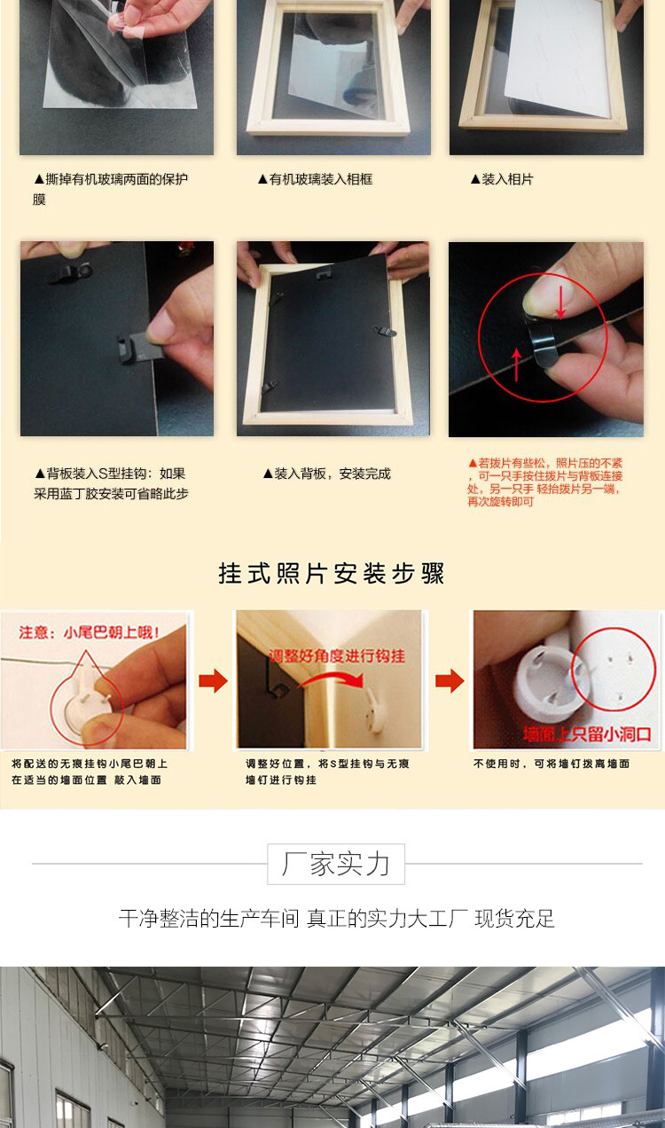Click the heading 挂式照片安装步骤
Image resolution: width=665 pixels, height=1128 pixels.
(x=332, y=574)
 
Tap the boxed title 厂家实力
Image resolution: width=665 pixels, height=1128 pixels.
(x=336, y=864)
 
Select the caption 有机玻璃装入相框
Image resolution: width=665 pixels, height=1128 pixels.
(x=315, y=179)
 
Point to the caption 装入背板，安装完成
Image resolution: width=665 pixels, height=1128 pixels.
(x=326, y=474)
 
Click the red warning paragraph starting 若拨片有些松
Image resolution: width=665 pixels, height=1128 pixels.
(x=544, y=482)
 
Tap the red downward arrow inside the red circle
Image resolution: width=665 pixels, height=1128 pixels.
(x=560, y=302)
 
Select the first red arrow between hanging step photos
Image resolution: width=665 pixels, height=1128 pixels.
(x=213, y=681)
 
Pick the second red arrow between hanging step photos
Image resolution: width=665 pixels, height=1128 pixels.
(x=450, y=681)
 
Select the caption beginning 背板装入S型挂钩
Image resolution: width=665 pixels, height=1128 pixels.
(x=111, y=483)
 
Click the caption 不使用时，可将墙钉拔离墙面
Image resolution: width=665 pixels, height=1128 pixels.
(x=552, y=764)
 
